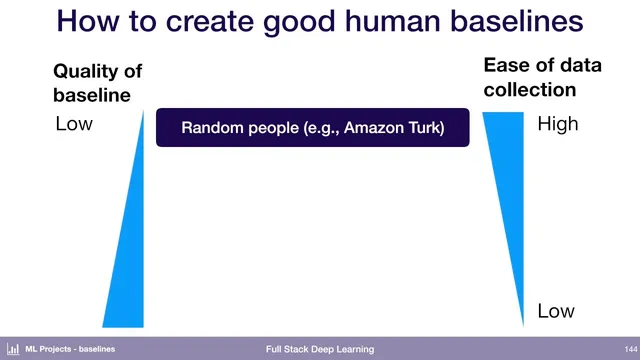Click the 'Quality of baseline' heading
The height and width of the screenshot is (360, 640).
[97, 82]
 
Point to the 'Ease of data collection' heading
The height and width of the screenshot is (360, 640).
[542, 77]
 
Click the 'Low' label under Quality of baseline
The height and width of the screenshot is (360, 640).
[74, 125]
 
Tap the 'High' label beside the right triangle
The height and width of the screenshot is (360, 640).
[557, 126]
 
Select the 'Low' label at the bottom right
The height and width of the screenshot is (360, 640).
[556, 311]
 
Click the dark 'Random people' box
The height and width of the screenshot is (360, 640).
[312, 128]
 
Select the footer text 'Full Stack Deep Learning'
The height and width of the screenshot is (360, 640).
[320, 349]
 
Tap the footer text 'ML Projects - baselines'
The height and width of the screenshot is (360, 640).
[70, 349]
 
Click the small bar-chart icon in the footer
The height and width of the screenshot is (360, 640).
[13, 349]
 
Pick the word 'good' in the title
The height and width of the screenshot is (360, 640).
[297, 22]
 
